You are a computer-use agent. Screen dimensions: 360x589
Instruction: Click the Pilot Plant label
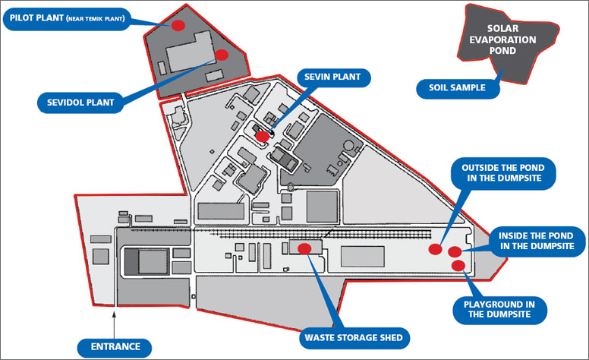click(67, 17)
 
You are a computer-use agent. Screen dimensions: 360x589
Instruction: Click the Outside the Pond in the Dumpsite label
click(503, 172)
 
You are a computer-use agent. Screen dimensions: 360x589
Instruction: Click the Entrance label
click(115, 346)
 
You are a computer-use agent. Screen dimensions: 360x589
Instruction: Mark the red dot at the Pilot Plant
click(178, 25)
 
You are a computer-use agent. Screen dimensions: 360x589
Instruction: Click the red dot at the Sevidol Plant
click(222, 55)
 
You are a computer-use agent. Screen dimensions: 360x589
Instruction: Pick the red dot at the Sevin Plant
click(262, 136)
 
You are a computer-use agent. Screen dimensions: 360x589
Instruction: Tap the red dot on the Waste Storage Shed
click(304, 248)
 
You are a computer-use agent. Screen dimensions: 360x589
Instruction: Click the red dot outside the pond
click(436, 249)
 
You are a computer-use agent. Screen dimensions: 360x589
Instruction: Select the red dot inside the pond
click(455, 251)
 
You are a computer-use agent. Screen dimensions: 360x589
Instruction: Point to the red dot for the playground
click(458, 264)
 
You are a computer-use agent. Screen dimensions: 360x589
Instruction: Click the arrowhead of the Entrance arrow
click(115, 312)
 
